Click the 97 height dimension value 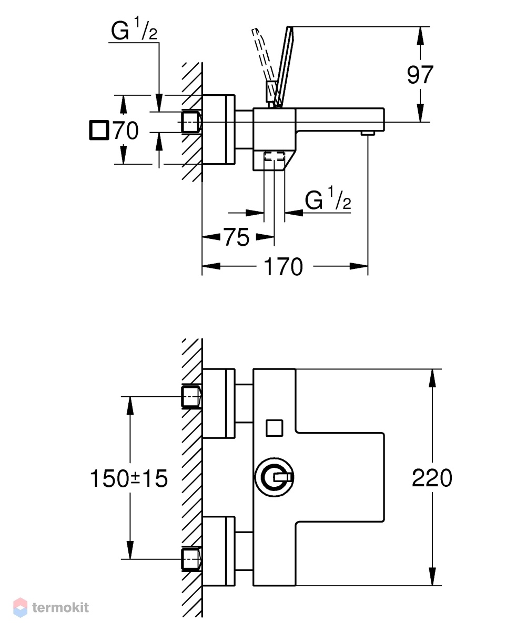click(x=420, y=74)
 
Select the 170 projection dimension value click(x=283, y=267)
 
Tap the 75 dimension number click(x=237, y=237)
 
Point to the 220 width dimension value click(x=432, y=478)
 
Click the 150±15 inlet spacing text click(x=129, y=478)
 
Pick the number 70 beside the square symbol click(x=126, y=131)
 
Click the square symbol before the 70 click(x=98, y=131)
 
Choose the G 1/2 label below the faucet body click(x=328, y=199)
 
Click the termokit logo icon click(x=20, y=607)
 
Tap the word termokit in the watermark click(x=60, y=607)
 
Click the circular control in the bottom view click(x=275, y=477)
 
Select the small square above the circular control click(x=275, y=428)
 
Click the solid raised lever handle click(x=284, y=66)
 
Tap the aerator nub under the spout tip click(x=368, y=133)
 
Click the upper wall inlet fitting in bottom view click(x=191, y=397)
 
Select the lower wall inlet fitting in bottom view click(x=191, y=559)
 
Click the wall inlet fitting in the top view click(x=191, y=122)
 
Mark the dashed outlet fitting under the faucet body click(x=274, y=156)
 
